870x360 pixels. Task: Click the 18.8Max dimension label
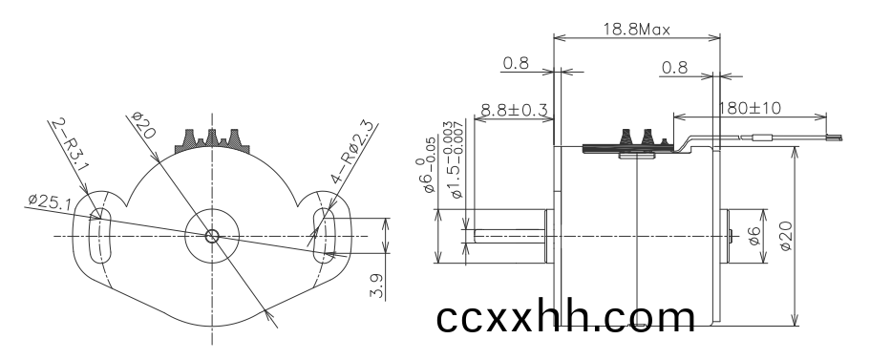[x=636, y=29]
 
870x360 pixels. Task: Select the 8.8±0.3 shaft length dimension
[x=515, y=110]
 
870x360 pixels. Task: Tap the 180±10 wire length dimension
[x=750, y=108]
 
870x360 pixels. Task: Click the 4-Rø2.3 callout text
[x=353, y=152]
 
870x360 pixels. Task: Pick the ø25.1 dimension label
[x=50, y=201]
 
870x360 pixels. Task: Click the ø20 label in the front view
[x=143, y=125]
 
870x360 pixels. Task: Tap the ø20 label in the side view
[x=786, y=236]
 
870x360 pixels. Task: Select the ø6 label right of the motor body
[x=754, y=236]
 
